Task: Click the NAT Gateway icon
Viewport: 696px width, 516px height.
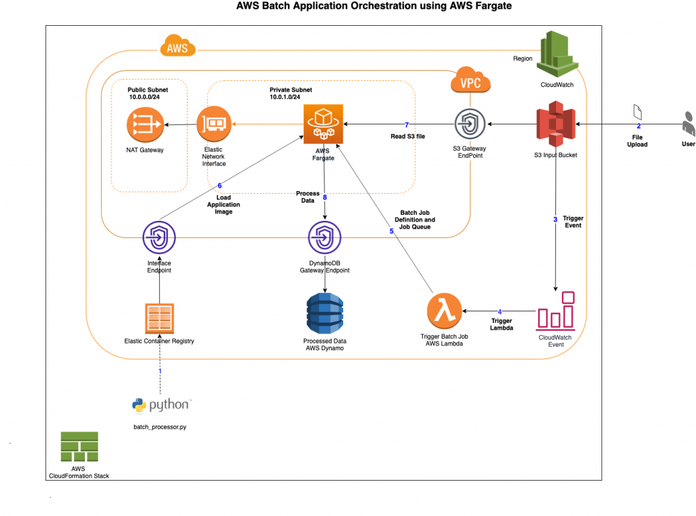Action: (x=143, y=124)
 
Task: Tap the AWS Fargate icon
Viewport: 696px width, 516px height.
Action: (x=324, y=124)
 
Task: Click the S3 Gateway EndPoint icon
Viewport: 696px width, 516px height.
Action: (x=471, y=124)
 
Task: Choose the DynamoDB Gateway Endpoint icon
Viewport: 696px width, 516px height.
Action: (x=325, y=239)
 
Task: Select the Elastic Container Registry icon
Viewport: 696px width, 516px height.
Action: (x=159, y=318)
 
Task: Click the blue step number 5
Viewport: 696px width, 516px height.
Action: (x=391, y=231)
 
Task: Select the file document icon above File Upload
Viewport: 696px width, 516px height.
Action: (x=638, y=111)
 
